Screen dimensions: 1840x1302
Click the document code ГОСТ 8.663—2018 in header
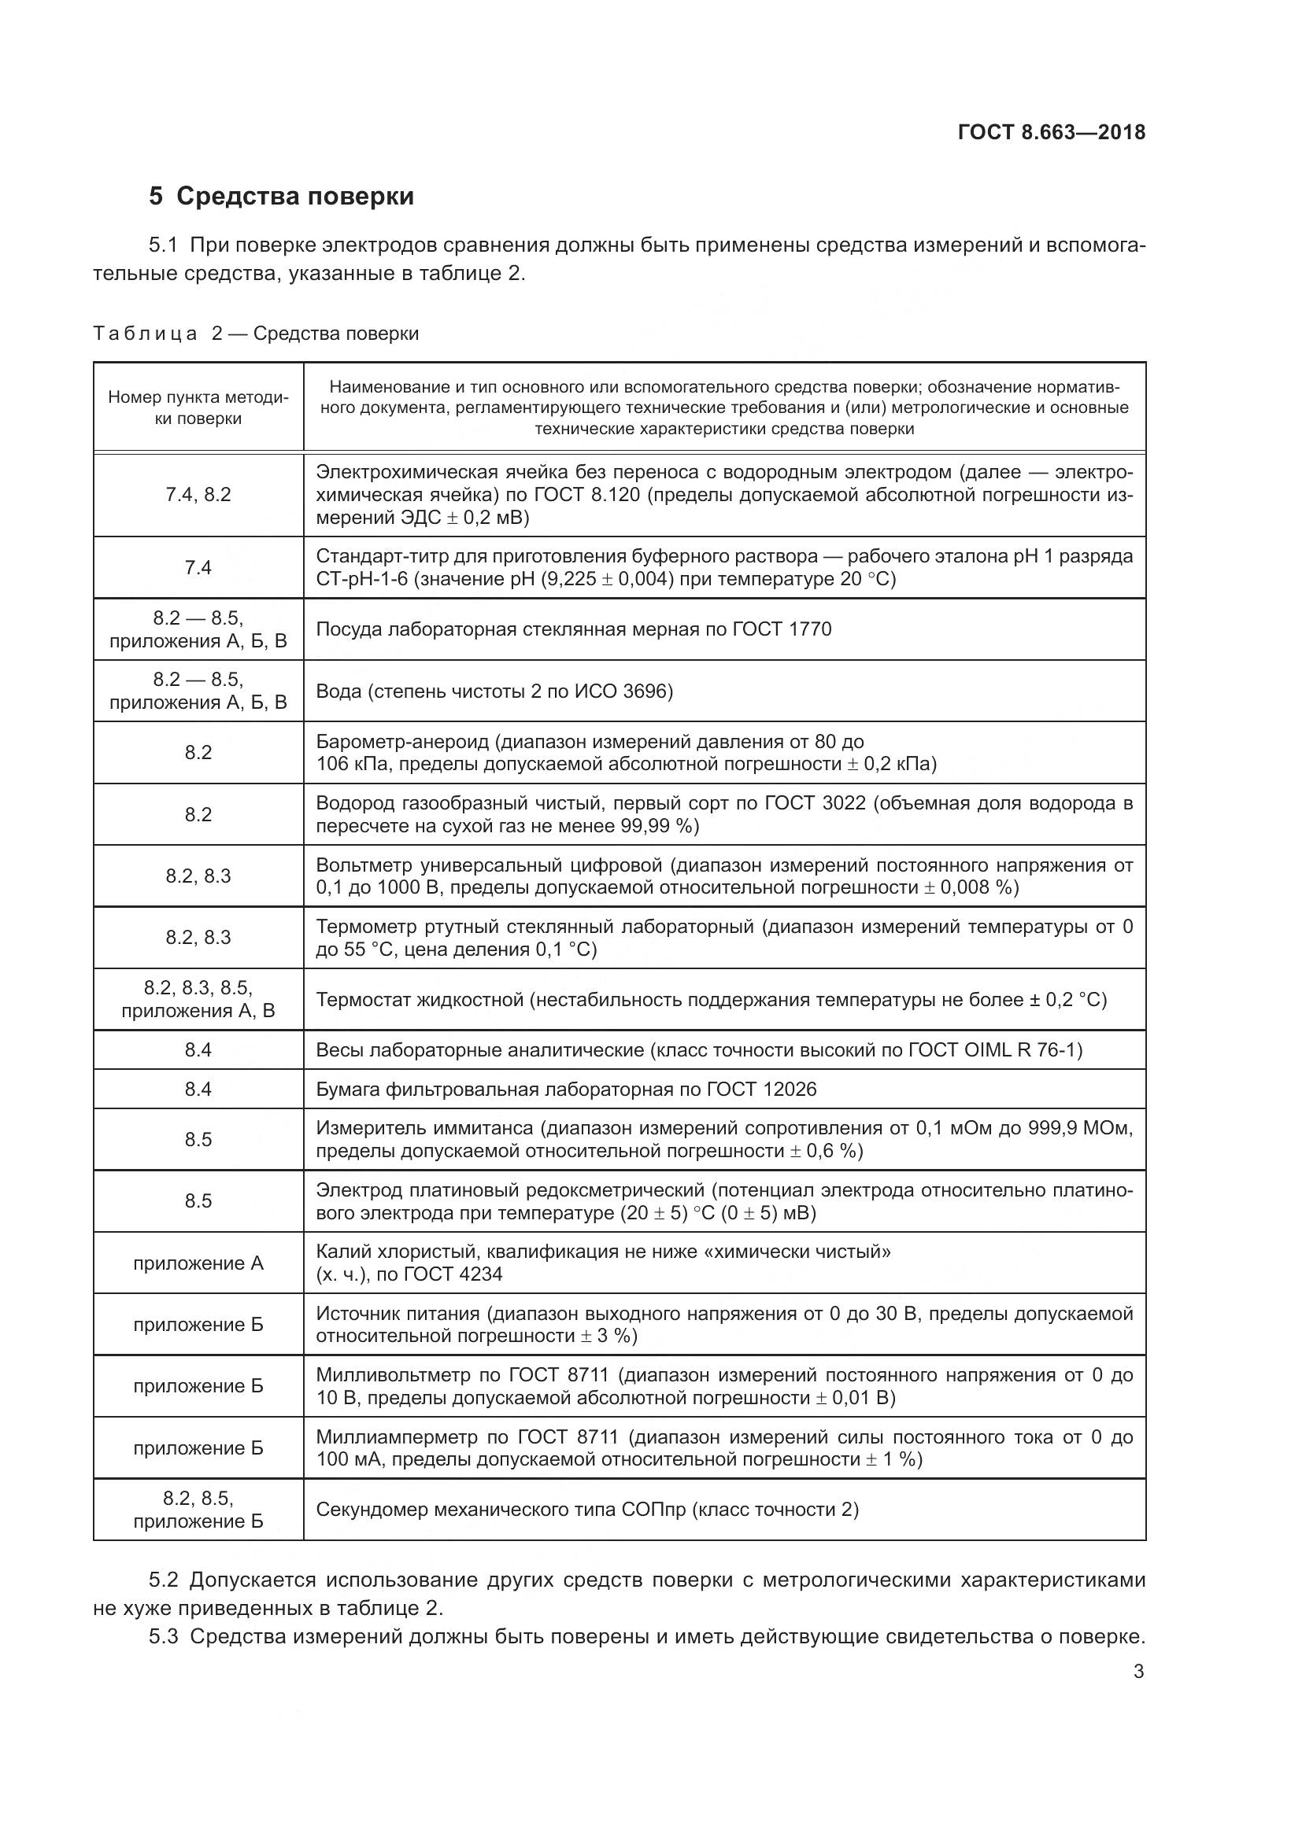[x=1051, y=132]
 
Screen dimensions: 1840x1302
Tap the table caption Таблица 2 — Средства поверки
[x=256, y=334]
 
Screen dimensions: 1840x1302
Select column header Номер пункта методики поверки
[x=198, y=407]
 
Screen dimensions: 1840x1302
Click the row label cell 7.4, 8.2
[x=198, y=495]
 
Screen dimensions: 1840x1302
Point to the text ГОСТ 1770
[x=782, y=629]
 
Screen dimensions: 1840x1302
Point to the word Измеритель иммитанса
[x=424, y=1128]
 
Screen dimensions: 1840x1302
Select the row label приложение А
[x=198, y=1263]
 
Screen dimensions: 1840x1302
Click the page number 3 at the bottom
[x=1138, y=1672]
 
